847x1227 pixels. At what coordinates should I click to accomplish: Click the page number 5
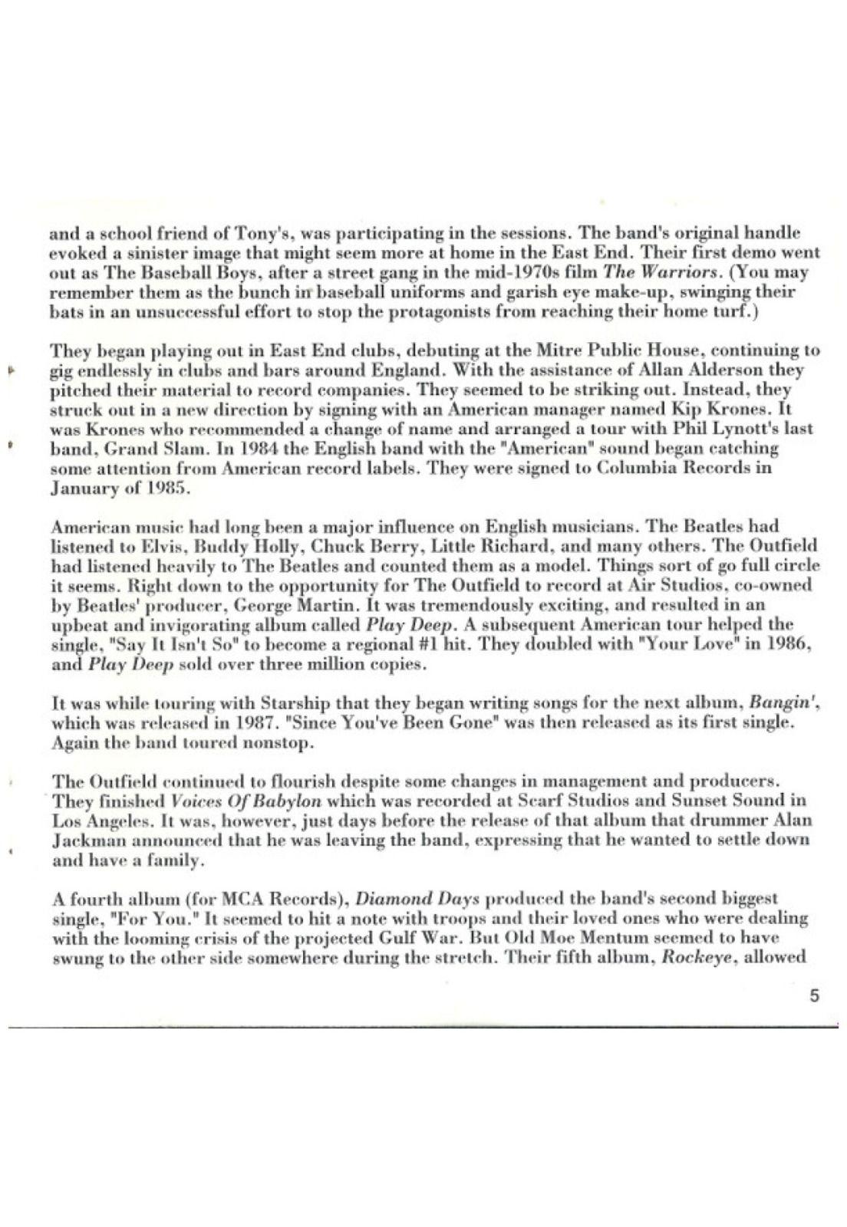pyautogui.click(x=814, y=996)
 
